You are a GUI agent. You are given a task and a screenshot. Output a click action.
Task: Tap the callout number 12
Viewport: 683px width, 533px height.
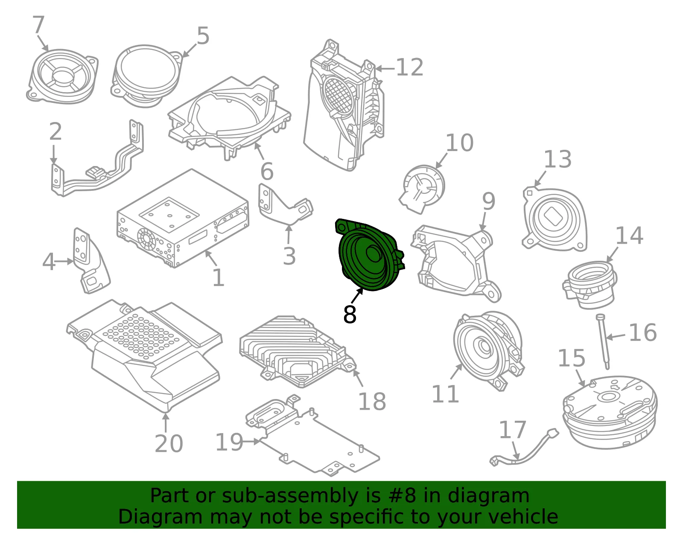pos(409,67)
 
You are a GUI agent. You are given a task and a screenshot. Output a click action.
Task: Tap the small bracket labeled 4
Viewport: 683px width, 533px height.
pos(90,261)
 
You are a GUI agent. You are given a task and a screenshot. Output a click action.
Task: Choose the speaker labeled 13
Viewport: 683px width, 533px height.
pos(555,219)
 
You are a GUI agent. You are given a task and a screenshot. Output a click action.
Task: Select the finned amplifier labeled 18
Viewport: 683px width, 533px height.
pos(298,352)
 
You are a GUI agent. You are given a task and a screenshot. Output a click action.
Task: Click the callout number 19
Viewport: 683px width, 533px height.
pos(230,442)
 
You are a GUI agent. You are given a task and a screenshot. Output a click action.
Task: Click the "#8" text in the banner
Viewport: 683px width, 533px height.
pos(403,496)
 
